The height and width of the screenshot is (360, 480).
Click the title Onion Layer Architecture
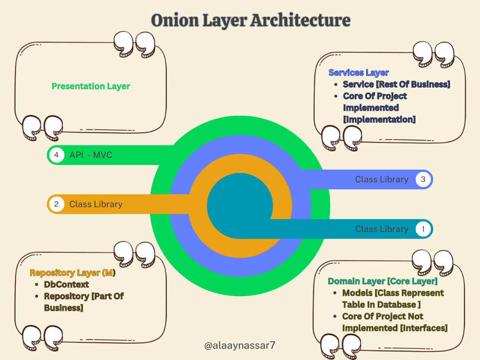tap(250, 21)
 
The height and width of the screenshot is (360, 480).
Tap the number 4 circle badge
tap(56, 155)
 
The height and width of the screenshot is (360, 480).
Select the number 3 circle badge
tap(423, 179)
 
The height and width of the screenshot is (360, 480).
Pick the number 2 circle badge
tap(56, 204)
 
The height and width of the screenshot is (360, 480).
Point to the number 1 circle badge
tap(423, 229)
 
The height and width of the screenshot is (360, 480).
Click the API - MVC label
tap(91, 155)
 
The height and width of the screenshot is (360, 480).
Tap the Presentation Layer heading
tap(91, 86)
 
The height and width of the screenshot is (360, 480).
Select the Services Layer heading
tap(359, 73)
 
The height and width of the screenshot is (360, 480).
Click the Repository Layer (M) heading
tap(73, 273)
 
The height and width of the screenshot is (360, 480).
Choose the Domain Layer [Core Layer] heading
tap(382, 281)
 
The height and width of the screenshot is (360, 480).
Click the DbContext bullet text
tap(66, 285)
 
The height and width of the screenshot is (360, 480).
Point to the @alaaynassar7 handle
tap(240, 346)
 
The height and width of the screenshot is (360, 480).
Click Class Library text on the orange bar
tap(96, 204)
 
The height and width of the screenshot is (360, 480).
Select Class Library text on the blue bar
tap(382, 179)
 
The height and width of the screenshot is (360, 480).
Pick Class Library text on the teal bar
tap(382, 229)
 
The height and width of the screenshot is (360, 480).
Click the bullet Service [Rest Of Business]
tap(396, 84)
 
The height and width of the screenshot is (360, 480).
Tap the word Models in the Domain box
tap(357, 293)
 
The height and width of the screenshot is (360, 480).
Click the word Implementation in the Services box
tap(379, 120)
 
